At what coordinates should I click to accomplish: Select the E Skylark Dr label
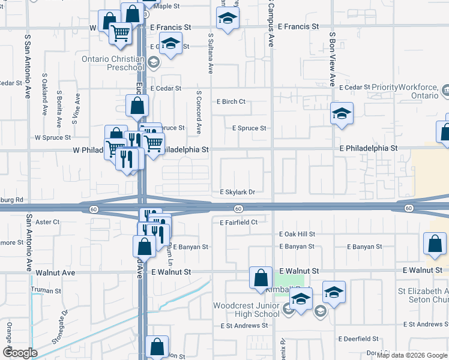point(238,193)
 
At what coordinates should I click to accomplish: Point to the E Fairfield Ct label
point(238,223)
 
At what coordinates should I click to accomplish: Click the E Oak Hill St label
point(297,235)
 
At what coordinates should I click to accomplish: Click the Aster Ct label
point(48,222)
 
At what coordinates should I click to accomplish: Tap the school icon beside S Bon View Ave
point(342,113)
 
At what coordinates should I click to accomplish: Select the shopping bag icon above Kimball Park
point(261,278)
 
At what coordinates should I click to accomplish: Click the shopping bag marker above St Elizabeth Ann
point(434,244)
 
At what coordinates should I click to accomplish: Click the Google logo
point(21,353)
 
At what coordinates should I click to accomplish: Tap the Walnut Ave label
point(56,272)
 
